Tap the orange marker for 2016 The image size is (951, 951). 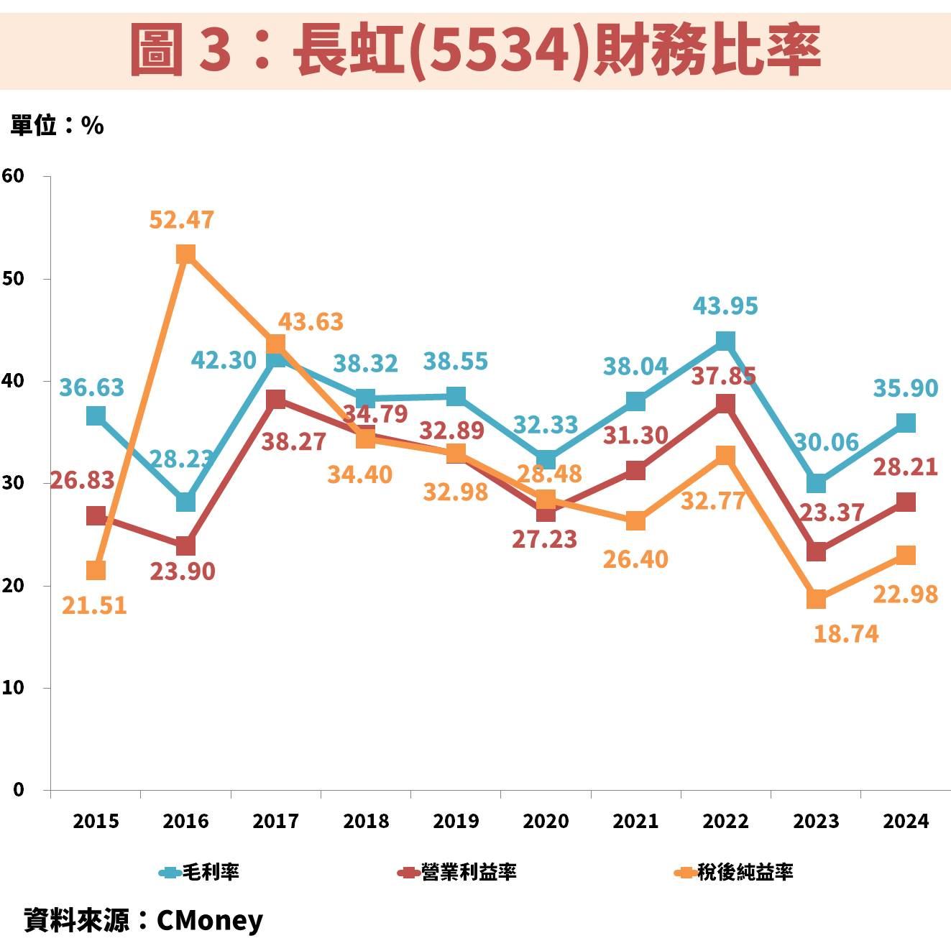185,254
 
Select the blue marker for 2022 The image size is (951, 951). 725,341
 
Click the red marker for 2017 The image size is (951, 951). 275,399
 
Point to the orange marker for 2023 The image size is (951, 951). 816,598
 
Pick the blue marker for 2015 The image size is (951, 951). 96,415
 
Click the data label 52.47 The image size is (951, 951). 181,220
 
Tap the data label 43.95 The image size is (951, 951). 725,306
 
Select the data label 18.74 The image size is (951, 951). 845,634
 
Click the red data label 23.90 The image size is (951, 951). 182,571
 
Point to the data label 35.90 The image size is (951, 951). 905,388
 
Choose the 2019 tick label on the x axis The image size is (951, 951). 456,821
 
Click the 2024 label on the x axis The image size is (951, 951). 906,821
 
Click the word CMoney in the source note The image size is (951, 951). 210,920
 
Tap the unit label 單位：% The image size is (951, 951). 57,126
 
